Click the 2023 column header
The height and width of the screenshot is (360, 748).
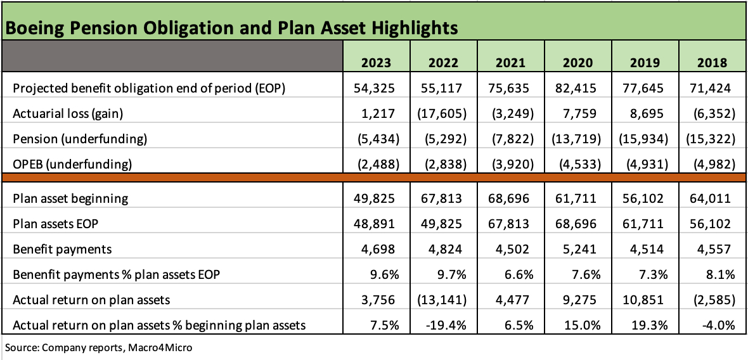[x=376, y=63]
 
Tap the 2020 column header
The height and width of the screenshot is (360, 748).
[x=578, y=63]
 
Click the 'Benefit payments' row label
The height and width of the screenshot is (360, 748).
[x=62, y=249]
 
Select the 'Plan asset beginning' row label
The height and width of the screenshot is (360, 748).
[x=70, y=198]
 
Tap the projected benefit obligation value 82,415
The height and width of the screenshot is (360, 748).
[x=578, y=88]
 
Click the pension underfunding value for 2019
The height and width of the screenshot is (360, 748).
[x=645, y=139]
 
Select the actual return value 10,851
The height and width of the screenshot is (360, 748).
[x=645, y=300]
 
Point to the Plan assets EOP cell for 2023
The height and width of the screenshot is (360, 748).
[x=376, y=224]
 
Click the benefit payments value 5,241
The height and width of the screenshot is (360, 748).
[x=578, y=249]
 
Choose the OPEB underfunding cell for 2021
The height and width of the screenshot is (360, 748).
[x=511, y=164]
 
